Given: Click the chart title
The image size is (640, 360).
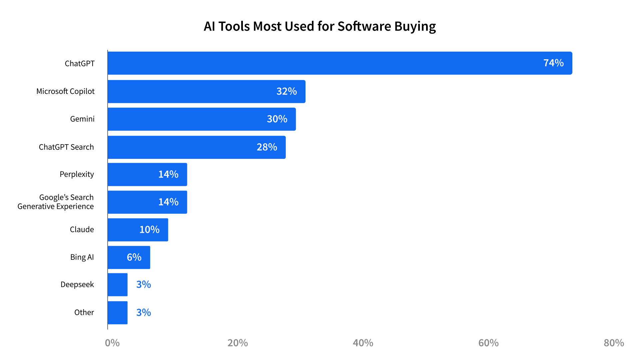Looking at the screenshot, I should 320,26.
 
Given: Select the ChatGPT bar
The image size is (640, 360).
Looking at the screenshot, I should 340,63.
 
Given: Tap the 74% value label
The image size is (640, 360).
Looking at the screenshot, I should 553,63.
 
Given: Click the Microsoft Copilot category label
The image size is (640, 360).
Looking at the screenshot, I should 65,91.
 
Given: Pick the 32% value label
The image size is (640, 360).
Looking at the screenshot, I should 287,91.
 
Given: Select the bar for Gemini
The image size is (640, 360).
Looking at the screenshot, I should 202,119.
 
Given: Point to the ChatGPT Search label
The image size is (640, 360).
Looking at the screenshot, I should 66,147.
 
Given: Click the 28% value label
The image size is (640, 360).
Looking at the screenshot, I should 267,147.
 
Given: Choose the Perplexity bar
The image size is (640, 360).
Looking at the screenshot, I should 147,175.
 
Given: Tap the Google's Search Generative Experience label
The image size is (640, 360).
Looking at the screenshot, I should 56,202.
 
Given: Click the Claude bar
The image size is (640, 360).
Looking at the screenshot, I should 138,230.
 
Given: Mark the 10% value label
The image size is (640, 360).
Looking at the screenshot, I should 149,230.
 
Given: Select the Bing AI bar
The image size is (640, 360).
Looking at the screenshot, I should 129,257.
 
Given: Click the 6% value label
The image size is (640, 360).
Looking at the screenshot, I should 134,257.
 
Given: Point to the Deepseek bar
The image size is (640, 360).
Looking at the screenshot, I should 118,285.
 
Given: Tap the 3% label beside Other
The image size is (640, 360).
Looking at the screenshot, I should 144,312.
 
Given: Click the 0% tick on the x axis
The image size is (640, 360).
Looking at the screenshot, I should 112,343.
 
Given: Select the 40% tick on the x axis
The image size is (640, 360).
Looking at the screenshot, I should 363,343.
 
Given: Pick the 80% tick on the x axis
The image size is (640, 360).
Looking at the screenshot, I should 614,343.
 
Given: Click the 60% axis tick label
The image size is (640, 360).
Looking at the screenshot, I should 488,343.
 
